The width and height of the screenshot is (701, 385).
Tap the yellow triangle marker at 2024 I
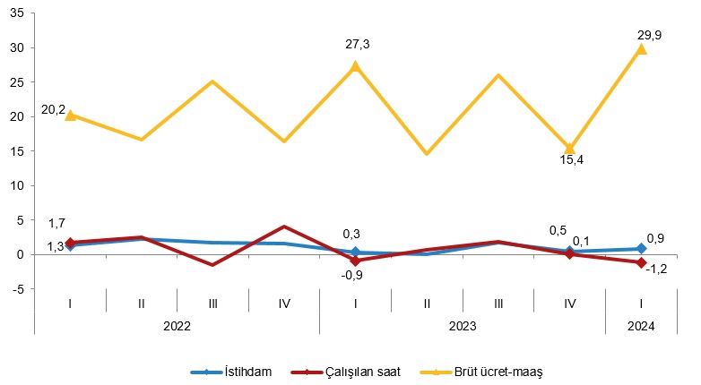(641, 49)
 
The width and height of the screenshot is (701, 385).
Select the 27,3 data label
(356, 45)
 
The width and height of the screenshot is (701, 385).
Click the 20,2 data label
(53, 110)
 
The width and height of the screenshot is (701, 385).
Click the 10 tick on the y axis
(19, 185)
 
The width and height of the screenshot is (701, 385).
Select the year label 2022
(177, 327)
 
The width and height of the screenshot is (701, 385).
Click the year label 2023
(463, 327)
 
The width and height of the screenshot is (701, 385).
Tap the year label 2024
(641, 327)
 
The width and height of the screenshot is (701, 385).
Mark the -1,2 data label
(657, 268)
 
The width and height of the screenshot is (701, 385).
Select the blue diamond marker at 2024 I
(641, 249)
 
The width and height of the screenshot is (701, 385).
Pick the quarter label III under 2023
(498, 304)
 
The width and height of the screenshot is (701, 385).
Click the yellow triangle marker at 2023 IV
(569, 149)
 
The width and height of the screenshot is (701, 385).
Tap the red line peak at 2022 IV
(284, 227)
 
